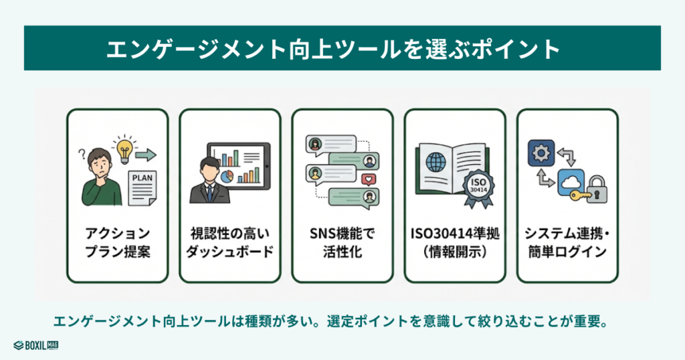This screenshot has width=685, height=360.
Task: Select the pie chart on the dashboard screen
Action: tap(227, 176)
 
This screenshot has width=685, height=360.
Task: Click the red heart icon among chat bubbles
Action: tap(366, 179)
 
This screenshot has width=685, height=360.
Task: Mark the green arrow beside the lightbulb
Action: tap(146, 155)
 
